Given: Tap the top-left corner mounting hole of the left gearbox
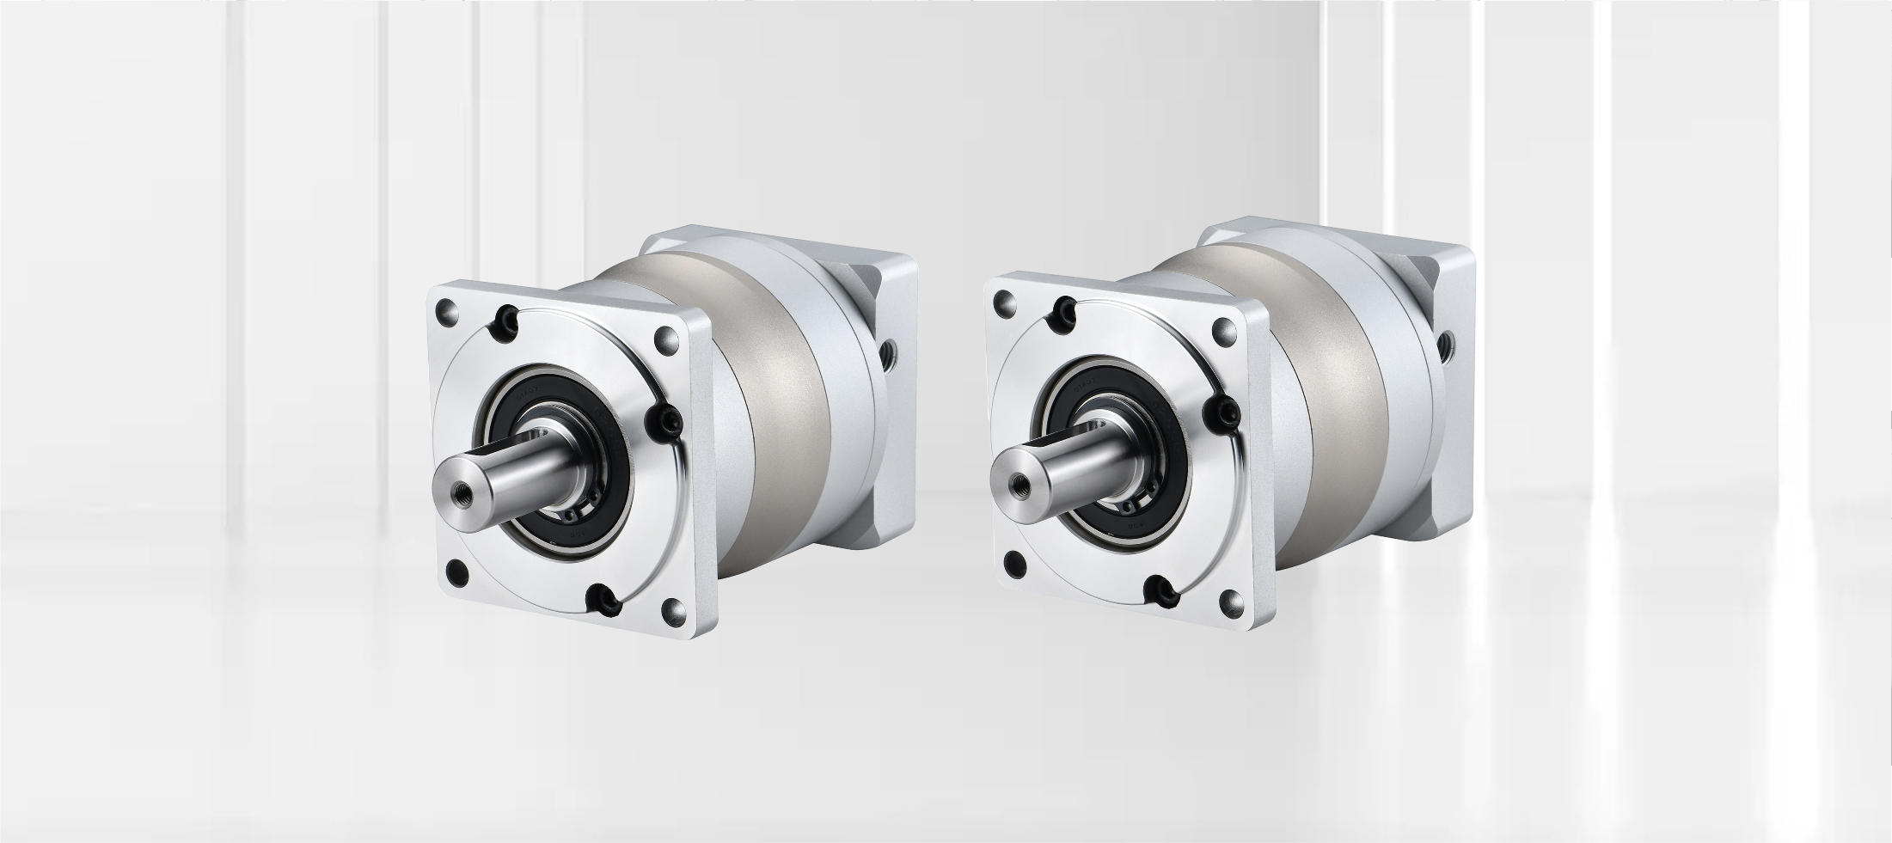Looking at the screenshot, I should point(447,308).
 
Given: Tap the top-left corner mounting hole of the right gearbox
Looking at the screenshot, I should point(1004,302).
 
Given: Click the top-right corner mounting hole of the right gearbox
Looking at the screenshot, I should point(1223,329).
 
